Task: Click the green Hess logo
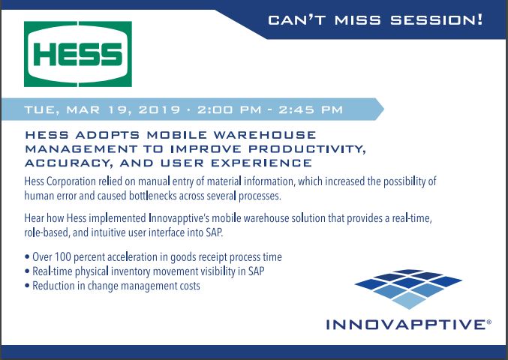(78, 54)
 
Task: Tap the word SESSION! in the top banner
(437, 20)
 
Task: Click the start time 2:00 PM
(230, 109)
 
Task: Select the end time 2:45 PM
(311, 109)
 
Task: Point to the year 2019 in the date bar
(159, 109)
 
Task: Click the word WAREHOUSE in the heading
(265, 135)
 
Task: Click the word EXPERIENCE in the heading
(262, 163)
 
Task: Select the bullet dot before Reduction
(27, 286)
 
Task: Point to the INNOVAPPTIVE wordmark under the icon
(406, 325)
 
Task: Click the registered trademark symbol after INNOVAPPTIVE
(489, 322)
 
